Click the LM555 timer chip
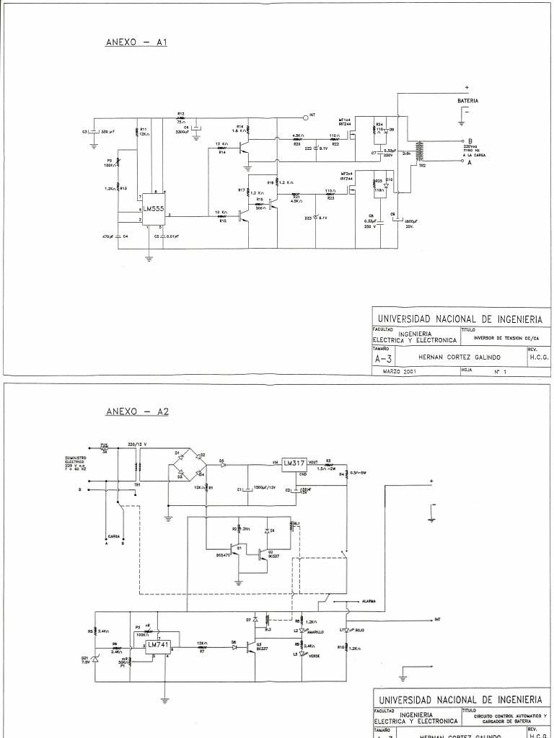click(152, 208)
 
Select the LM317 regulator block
click(294, 463)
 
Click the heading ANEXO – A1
click(136, 43)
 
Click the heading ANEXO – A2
click(136, 412)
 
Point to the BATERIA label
click(467, 102)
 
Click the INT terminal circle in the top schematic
click(305, 116)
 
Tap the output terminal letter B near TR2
click(470, 141)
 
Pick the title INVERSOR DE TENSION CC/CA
click(501, 338)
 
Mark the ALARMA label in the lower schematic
click(368, 600)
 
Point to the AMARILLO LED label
click(315, 632)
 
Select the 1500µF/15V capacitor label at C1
click(265, 489)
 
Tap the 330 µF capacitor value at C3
click(108, 132)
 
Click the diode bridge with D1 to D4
click(186, 466)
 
